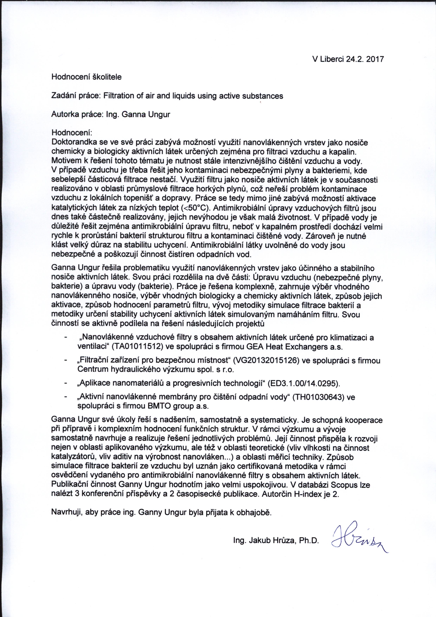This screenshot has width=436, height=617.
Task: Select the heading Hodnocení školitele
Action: (86, 77)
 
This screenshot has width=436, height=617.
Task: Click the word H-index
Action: (308, 494)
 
